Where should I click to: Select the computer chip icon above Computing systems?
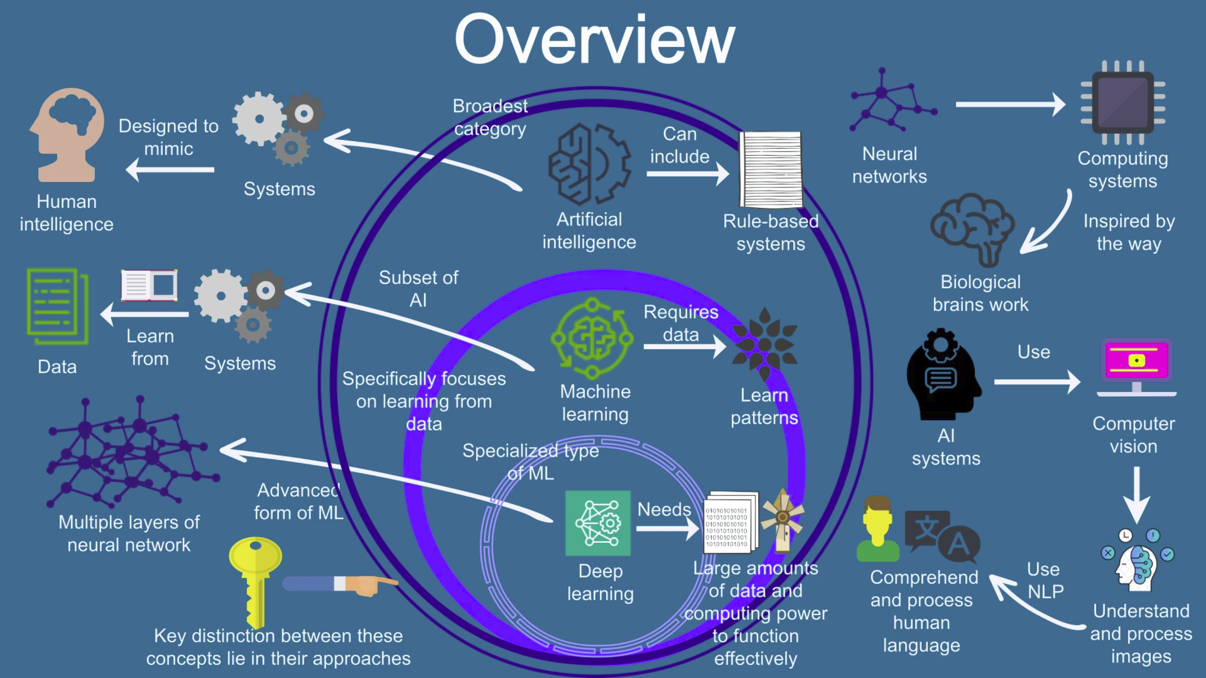coord(1122,102)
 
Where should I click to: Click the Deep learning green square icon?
coord(598,523)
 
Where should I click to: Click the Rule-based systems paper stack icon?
coord(770,169)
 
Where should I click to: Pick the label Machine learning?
coord(595,403)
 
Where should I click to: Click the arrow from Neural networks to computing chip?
coord(1010,104)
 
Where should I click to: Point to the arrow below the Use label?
coord(1036,382)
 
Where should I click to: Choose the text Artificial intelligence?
coord(589,231)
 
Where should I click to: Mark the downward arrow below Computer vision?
coord(1136,494)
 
